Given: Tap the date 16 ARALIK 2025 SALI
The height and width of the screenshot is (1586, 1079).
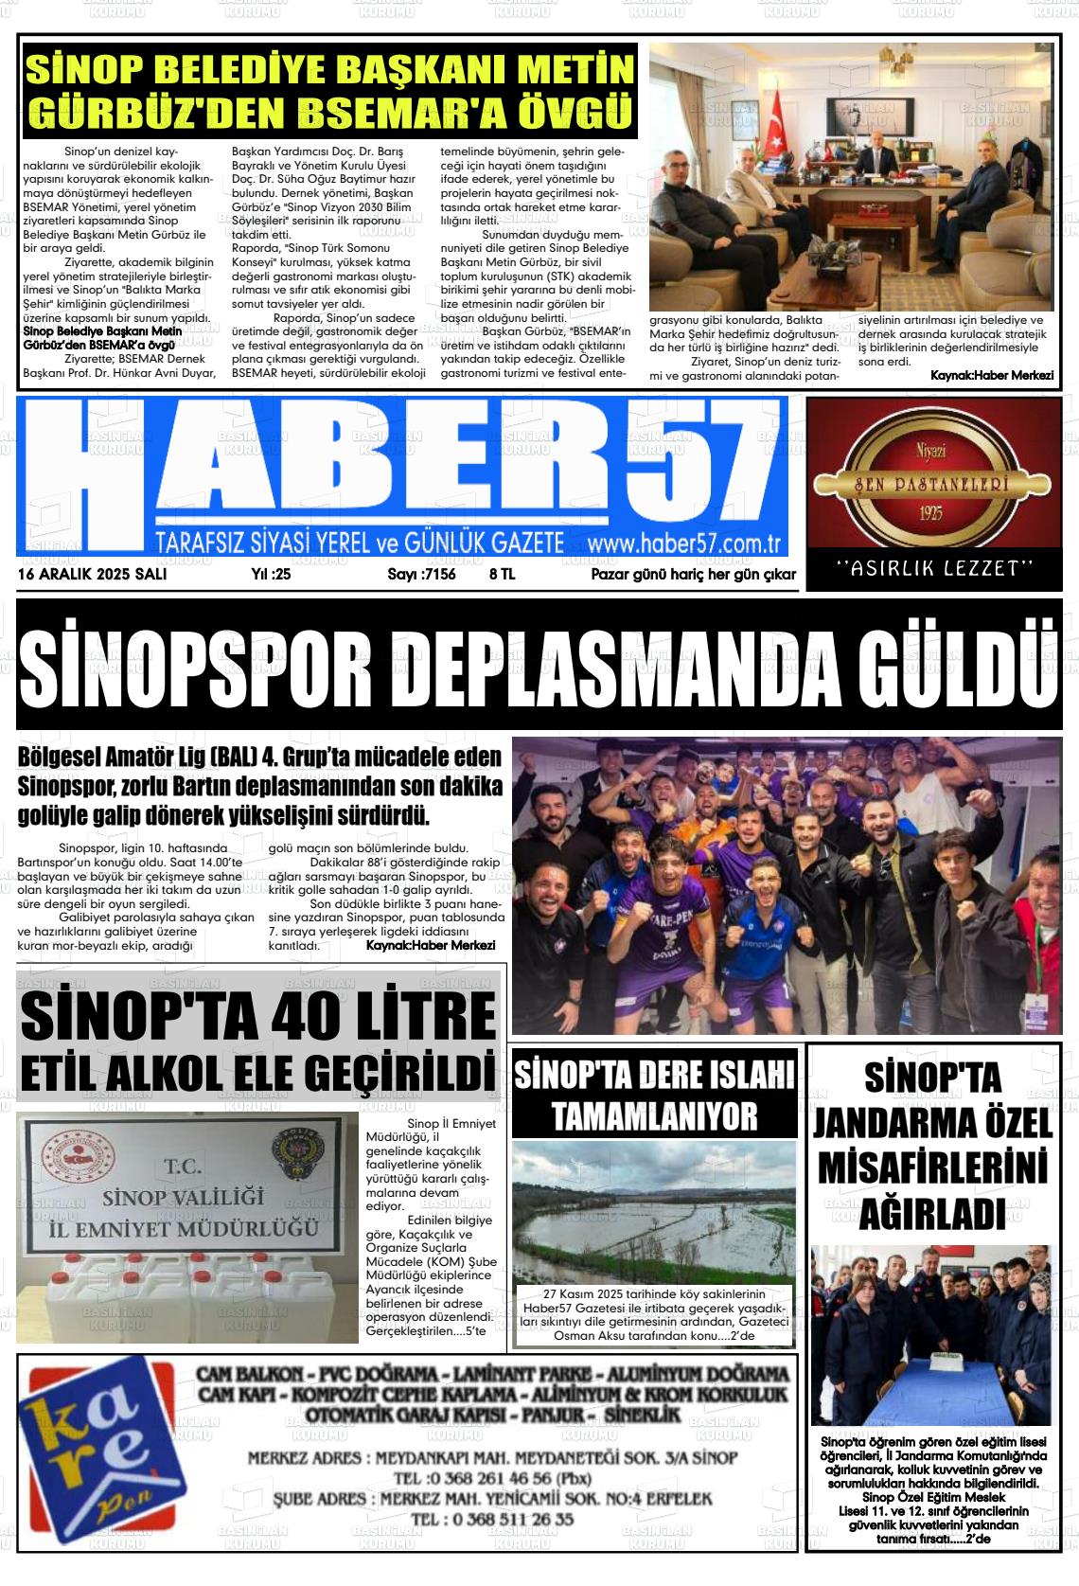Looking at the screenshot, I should [x=92, y=574].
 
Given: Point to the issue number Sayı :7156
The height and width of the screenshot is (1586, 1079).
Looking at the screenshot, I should [x=421, y=574].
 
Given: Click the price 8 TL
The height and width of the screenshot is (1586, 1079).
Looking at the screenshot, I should [x=502, y=574].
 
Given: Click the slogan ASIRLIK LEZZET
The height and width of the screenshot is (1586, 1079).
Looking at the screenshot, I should [x=935, y=568].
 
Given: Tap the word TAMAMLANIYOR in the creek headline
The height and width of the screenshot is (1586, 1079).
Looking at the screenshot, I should [x=655, y=1115].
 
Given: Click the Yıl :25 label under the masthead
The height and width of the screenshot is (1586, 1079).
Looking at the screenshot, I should [x=271, y=574].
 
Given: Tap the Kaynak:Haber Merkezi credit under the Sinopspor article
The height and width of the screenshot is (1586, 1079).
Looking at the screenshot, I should [x=430, y=945].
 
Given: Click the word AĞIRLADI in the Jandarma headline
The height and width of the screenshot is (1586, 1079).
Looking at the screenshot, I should [x=932, y=1213].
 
